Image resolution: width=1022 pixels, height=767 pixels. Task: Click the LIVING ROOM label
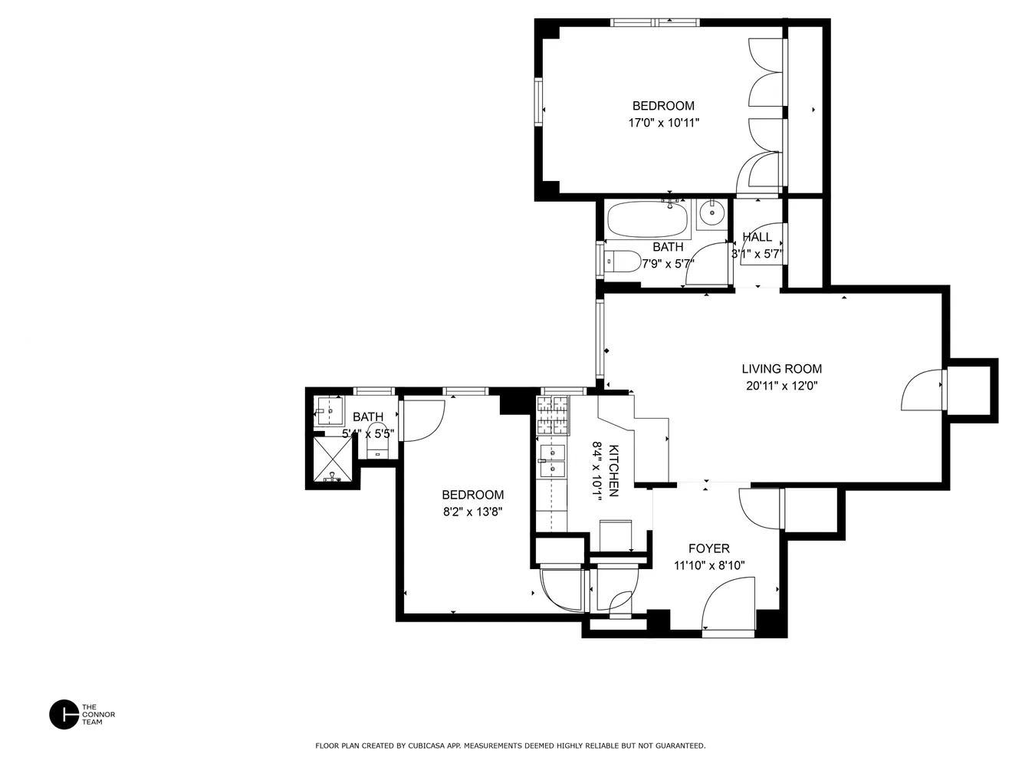click(781, 369)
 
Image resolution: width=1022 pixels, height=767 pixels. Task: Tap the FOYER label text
click(708, 548)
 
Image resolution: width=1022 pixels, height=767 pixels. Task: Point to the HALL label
click(757, 237)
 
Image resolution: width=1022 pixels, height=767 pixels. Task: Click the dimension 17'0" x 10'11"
click(663, 123)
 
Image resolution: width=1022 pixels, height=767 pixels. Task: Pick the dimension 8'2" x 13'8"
click(472, 512)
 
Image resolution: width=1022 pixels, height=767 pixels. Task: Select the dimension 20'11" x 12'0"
click(781, 387)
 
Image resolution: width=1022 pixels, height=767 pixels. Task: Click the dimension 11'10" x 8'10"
click(708, 566)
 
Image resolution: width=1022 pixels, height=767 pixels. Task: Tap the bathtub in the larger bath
click(648, 219)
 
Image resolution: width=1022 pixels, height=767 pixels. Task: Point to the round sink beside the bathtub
click(713, 212)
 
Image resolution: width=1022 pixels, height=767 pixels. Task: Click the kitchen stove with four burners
click(554, 415)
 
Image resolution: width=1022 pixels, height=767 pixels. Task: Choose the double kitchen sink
click(552, 460)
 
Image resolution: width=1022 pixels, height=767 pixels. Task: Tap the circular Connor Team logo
click(64, 715)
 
